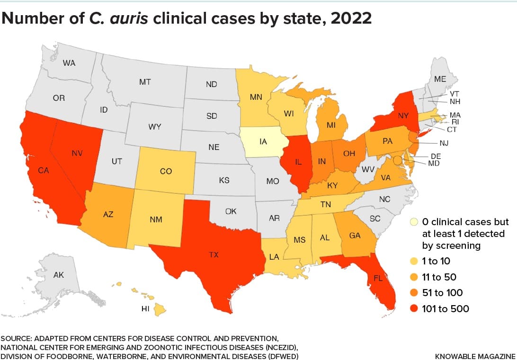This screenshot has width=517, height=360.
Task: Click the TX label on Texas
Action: [x=214, y=255]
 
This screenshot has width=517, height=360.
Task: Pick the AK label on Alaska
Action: [x=59, y=275]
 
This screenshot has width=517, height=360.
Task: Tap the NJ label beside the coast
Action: [x=443, y=142]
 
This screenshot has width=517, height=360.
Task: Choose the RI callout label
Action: [x=448, y=121]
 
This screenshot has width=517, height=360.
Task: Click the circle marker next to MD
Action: [x=397, y=161]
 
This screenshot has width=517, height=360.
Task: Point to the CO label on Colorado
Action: [x=166, y=172]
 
